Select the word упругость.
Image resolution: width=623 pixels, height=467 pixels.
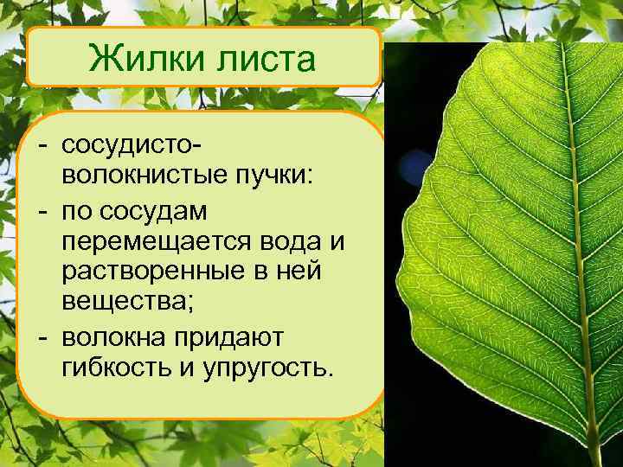point(269,368)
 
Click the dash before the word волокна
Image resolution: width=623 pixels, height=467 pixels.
point(42,335)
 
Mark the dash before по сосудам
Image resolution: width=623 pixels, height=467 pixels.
point(42,211)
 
